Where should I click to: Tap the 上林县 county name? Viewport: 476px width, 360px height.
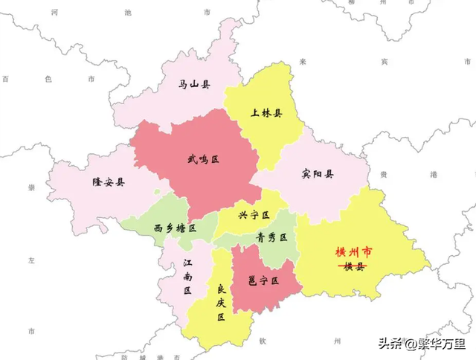266,114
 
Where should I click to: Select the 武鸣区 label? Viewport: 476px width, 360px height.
203,158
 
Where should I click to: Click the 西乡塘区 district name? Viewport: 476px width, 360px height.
175,228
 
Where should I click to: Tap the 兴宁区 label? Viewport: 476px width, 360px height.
253,215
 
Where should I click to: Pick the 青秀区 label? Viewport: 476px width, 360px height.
271,237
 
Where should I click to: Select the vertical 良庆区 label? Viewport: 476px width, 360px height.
221,301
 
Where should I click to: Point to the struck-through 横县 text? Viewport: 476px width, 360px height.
354,266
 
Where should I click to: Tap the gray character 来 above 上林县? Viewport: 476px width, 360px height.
302,61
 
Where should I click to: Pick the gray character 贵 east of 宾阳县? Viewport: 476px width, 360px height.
383,173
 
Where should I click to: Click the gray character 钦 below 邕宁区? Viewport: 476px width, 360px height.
262,341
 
